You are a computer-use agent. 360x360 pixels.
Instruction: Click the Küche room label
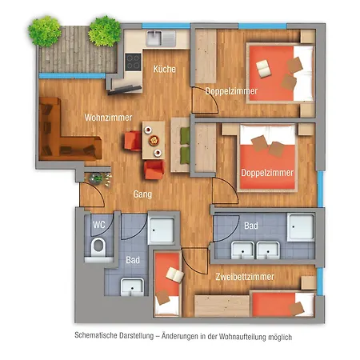click(165, 70)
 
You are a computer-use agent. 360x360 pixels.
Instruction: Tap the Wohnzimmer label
click(108, 118)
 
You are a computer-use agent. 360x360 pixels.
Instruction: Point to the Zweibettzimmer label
click(246, 277)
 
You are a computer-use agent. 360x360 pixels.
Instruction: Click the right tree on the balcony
click(104, 31)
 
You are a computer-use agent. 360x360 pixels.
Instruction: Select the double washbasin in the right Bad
click(253, 249)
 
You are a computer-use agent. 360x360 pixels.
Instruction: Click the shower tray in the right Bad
click(302, 227)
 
